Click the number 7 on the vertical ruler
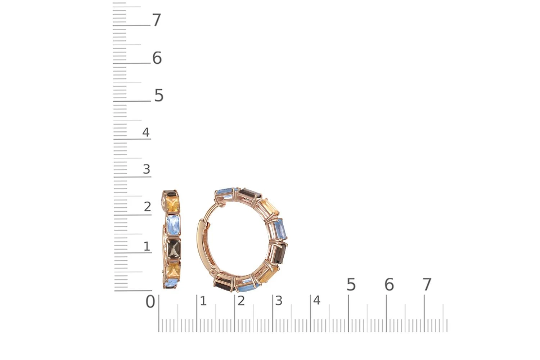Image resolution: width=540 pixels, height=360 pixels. (157, 20)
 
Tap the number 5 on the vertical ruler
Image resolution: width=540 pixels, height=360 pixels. (159, 95)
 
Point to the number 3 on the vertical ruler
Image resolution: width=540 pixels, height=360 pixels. (146, 169)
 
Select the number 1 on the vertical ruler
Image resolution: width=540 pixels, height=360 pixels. (147, 246)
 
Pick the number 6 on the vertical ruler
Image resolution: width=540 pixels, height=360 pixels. (157, 58)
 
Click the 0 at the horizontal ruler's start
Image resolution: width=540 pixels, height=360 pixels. (150, 302)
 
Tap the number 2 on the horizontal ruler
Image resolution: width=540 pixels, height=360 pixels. (241, 301)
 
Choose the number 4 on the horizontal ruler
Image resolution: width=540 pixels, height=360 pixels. (316, 301)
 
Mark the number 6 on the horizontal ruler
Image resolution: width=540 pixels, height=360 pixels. (389, 284)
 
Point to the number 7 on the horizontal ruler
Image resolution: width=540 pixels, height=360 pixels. (427, 284)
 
